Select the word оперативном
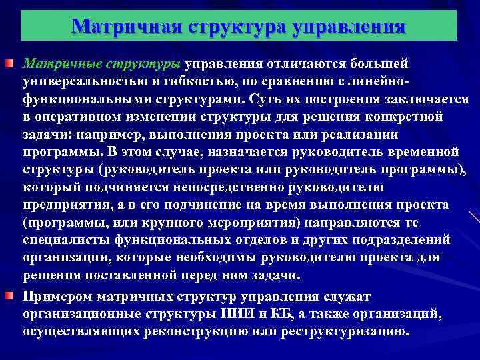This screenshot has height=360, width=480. pos(75,117)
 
